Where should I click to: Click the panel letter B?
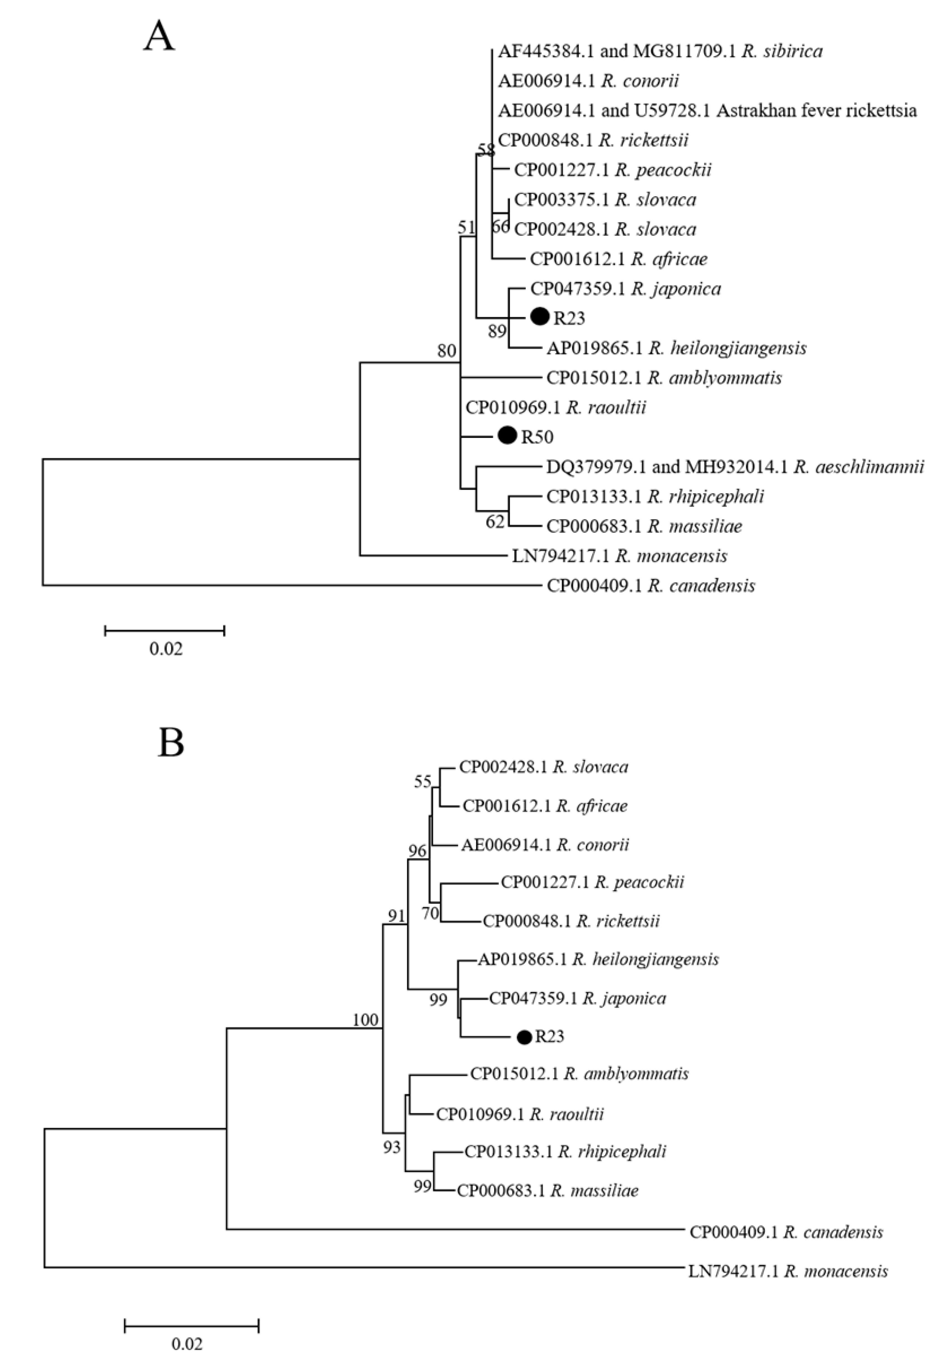[x=171, y=744]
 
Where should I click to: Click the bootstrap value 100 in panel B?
[x=365, y=1019]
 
